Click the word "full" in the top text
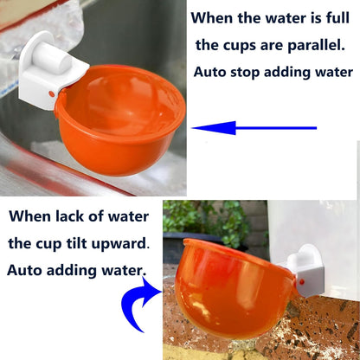tap(336, 16)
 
